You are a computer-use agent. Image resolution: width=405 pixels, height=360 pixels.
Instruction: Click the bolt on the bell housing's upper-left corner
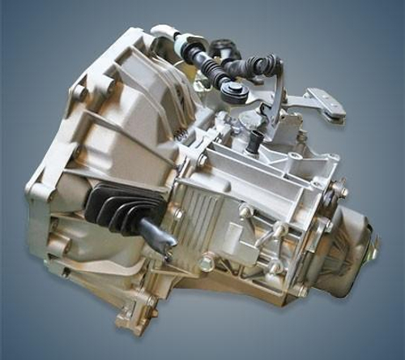[81, 93]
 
